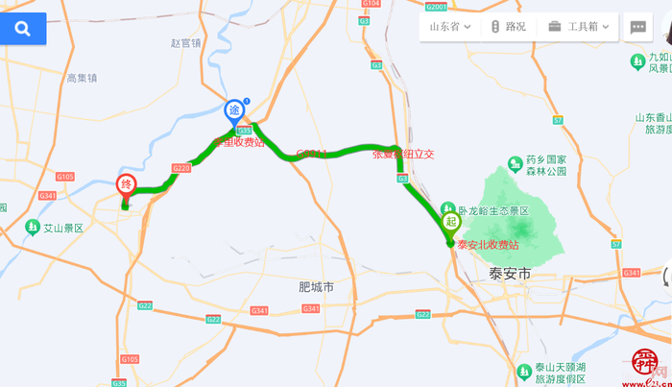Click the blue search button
pos(22,29)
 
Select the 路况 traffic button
pos(509,27)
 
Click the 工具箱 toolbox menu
pos(581,27)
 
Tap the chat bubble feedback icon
pos(637,27)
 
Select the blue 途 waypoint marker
pos(233,110)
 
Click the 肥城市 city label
pos(316,286)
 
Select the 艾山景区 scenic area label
pos(63,229)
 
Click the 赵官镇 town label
pos(185,43)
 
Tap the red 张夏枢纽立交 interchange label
pos(404,154)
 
